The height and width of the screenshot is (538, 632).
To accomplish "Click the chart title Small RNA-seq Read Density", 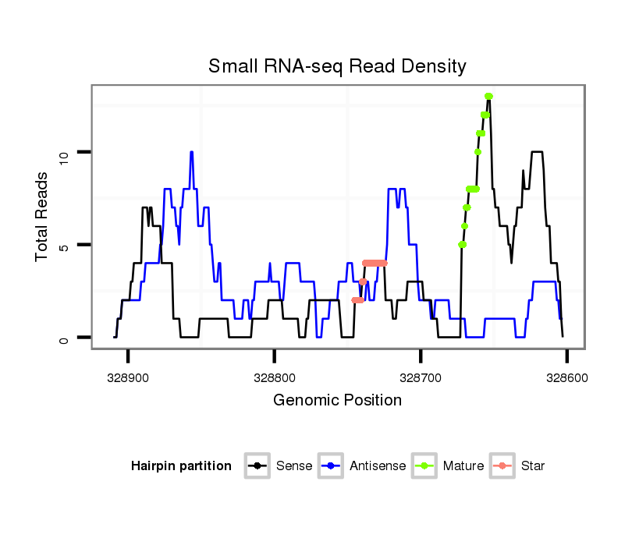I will [x=337, y=66].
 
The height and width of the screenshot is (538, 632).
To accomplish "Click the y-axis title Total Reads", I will [x=43, y=216].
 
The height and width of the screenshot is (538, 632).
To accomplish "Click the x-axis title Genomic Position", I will [x=337, y=401].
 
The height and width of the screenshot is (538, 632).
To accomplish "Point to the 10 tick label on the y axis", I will [x=65, y=153].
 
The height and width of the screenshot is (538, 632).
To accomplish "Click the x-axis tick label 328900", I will [x=128, y=377].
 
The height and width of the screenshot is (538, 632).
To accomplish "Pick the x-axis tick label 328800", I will [x=274, y=377].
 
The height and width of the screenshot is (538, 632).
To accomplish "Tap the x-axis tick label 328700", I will [x=421, y=377].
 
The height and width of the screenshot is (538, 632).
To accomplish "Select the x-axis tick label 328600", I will [x=566, y=377].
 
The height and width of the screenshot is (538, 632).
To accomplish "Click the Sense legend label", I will [x=293, y=466].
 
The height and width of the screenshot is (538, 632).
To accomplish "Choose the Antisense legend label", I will [x=377, y=466].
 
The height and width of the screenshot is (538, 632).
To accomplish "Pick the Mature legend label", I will [x=463, y=466].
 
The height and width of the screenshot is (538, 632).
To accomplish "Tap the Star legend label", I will [x=532, y=466].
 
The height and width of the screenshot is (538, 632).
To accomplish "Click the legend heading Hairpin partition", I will [x=181, y=466].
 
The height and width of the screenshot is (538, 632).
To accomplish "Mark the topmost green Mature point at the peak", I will [x=488, y=97].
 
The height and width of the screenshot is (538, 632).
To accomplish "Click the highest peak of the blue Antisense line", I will [x=191, y=152].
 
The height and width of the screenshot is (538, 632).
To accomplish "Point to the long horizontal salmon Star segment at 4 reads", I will [x=375, y=263].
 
